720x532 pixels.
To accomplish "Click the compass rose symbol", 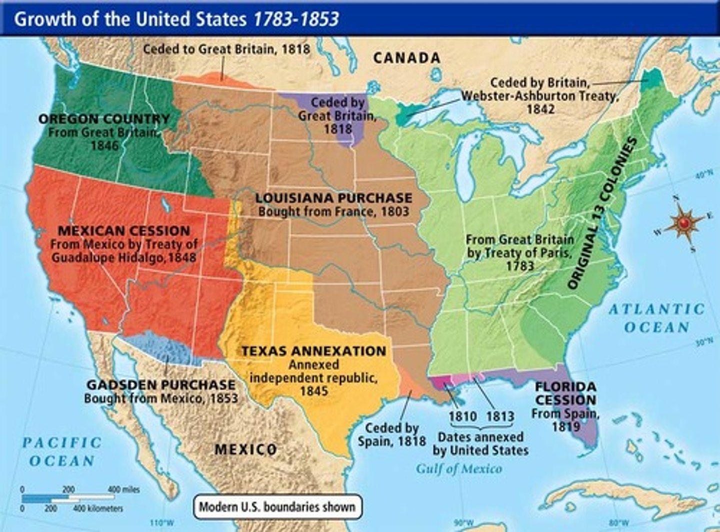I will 683,223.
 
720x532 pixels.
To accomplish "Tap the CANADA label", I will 406,58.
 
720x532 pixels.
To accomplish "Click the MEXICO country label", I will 245,450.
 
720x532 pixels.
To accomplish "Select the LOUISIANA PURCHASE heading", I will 333,198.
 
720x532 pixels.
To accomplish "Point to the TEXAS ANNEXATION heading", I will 313,351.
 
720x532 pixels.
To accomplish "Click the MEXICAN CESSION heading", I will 124,231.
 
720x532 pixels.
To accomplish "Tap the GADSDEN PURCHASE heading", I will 160,385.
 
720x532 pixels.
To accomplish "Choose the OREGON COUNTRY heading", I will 104,119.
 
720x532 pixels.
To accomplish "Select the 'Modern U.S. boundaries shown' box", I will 277,507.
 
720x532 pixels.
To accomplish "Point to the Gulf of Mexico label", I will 459,469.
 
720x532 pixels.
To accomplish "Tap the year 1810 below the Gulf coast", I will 462,416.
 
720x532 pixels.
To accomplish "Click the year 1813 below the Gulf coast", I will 500,416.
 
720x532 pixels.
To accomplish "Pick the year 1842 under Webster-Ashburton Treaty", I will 540,108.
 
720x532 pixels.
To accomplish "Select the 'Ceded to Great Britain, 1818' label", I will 226,49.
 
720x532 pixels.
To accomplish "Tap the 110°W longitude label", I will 162,523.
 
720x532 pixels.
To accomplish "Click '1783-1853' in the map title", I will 296,19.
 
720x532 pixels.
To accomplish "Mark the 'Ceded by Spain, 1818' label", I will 391,435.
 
